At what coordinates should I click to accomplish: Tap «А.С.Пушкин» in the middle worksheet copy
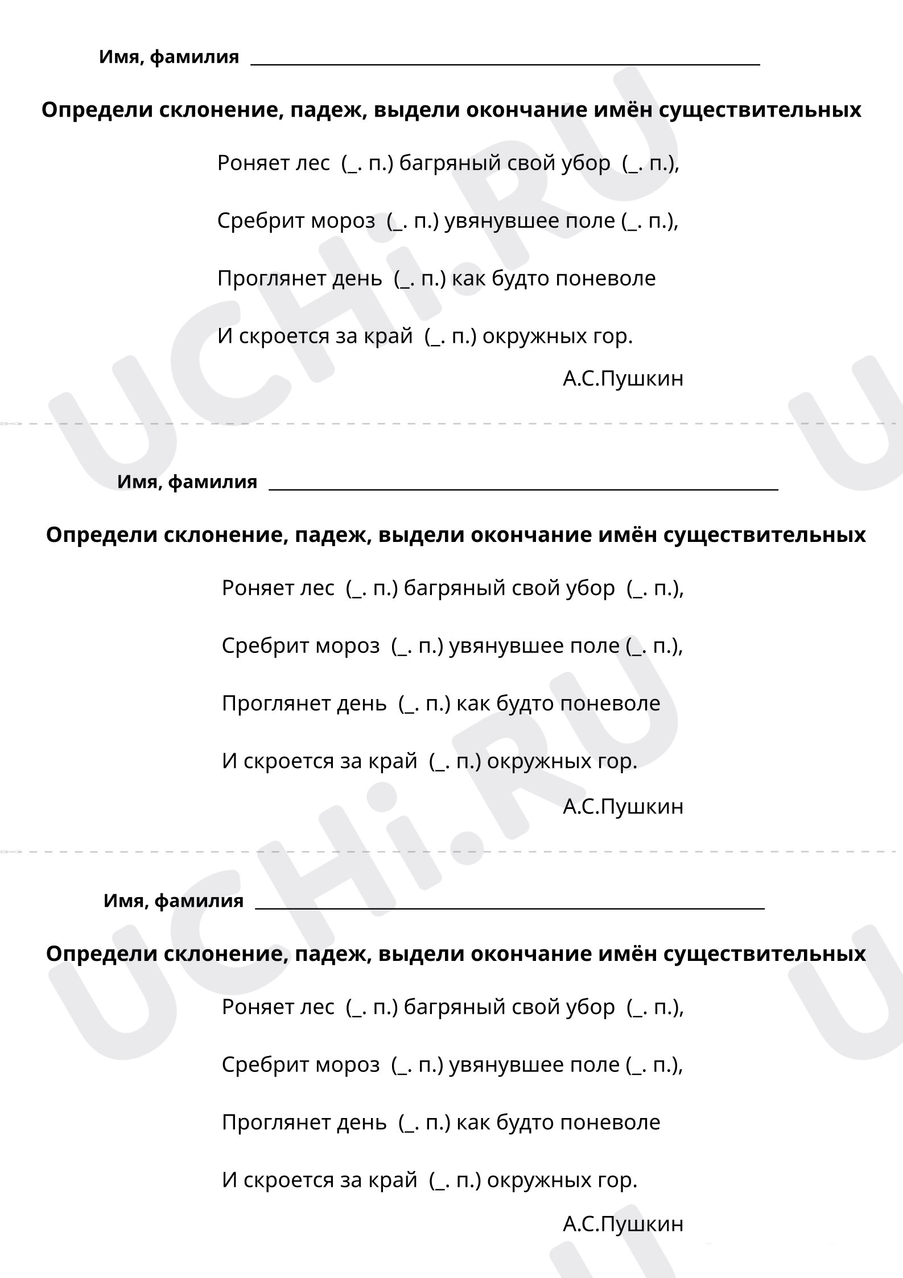(622, 807)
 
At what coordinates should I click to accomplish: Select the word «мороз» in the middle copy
(348, 646)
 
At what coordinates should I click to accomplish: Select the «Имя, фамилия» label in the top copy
(169, 57)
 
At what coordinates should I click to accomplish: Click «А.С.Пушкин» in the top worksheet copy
(622, 379)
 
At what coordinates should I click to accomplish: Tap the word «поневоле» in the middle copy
(610, 704)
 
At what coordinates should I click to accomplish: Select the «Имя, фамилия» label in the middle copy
(187, 482)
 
